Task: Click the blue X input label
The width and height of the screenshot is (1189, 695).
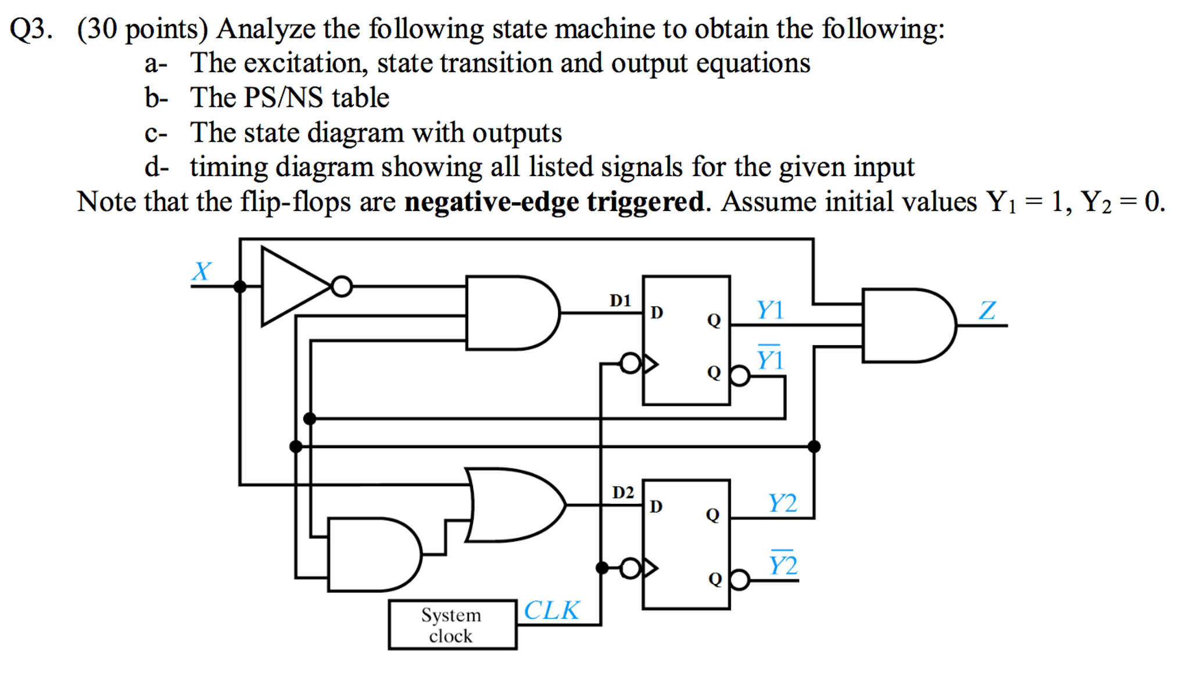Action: tap(201, 271)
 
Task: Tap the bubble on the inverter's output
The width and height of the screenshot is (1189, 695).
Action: tap(342, 286)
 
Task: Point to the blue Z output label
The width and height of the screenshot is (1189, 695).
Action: tap(987, 310)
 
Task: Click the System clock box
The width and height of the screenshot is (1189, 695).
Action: tap(452, 625)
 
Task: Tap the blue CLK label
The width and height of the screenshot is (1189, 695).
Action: tap(551, 610)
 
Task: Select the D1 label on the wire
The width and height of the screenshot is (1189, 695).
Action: tap(619, 300)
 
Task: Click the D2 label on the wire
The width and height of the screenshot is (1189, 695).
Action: tap(622, 492)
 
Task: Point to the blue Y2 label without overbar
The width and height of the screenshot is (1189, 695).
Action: tap(782, 503)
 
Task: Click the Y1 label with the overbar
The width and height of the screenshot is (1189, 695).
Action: tap(769, 359)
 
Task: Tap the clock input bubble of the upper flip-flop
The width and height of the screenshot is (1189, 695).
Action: tap(630, 364)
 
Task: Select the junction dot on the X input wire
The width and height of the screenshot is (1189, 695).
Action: tap(239, 286)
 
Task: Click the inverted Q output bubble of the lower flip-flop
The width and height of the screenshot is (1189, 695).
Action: tap(739, 579)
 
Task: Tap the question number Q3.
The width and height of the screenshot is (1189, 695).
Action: tap(30, 29)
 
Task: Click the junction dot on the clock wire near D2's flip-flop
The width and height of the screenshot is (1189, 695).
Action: tap(602, 568)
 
